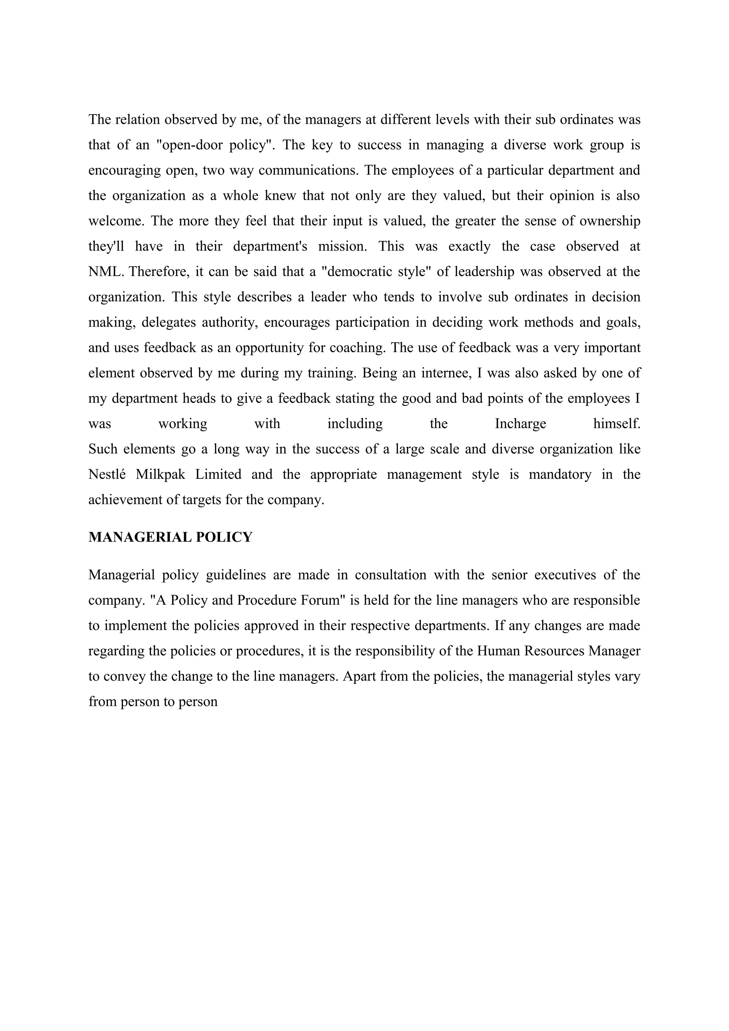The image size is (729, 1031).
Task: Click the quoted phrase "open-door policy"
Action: click(215, 145)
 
